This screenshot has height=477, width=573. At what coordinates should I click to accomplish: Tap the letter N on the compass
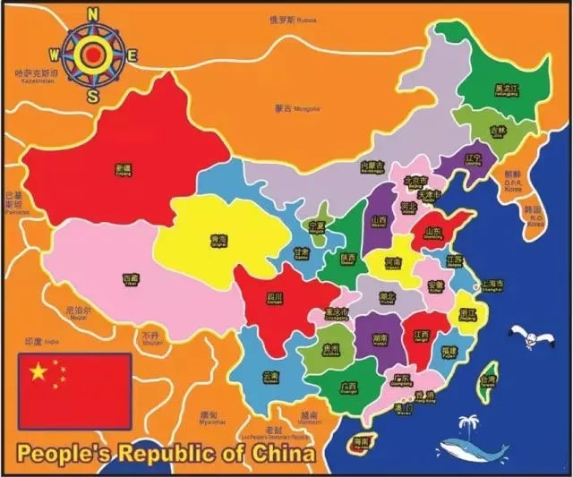pyautogui.click(x=93, y=14)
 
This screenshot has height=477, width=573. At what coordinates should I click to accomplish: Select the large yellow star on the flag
pyautogui.click(x=38, y=371)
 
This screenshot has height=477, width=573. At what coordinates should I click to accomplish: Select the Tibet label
pyautogui.click(x=132, y=279)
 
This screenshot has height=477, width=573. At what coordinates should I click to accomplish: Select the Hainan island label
pyautogui.click(x=362, y=442)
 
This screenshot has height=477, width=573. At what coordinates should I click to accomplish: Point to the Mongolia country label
pyautogui.click(x=285, y=109)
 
